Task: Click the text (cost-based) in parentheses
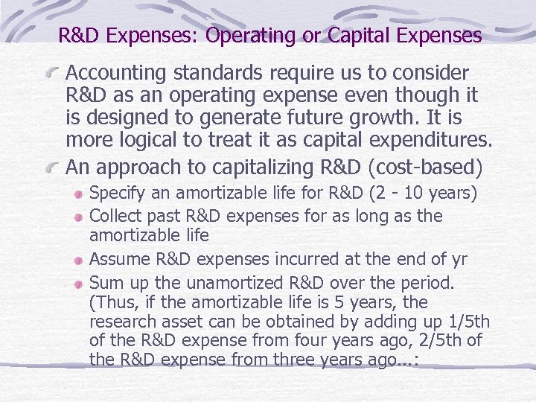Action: coord(419,167)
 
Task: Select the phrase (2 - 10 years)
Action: coord(423,193)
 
